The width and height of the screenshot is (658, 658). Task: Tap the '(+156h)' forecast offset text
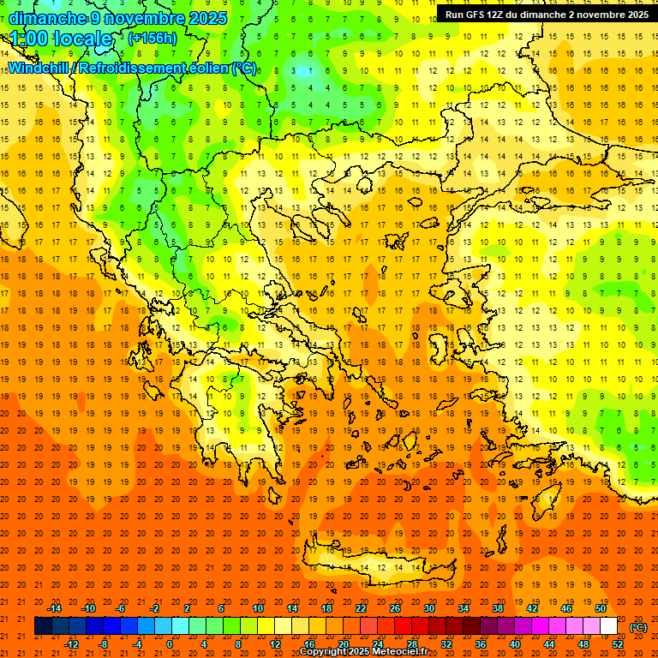(x=153, y=39)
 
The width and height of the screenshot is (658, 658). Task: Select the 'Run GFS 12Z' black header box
(x=546, y=15)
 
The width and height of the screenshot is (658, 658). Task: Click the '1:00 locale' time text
(x=61, y=39)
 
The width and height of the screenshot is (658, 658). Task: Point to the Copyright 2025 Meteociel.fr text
(x=363, y=652)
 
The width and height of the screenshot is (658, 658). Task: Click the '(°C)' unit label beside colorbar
(x=638, y=627)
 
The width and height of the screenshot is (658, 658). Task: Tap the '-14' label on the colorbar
(x=54, y=608)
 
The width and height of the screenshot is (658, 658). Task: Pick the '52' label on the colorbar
(x=618, y=644)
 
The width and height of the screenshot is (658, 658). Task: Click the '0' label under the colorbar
(x=170, y=644)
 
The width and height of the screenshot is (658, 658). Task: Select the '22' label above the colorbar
(x=361, y=608)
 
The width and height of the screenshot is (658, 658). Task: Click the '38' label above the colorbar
(x=498, y=608)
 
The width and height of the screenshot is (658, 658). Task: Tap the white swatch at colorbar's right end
(x=608, y=626)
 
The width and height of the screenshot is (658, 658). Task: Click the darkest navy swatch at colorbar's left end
(x=43, y=626)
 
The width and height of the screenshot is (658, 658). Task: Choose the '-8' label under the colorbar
(x=104, y=644)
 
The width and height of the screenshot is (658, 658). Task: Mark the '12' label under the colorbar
(x=275, y=644)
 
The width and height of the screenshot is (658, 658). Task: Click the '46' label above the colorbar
(x=566, y=608)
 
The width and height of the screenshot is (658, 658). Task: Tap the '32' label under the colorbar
(x=446, y=644)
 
